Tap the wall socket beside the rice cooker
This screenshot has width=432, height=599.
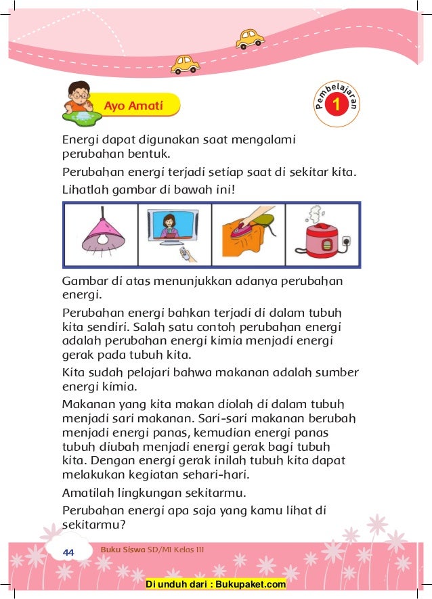tap(347, 240)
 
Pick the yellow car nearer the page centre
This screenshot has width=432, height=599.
tap(184, 64)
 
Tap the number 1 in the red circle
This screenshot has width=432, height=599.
tap(337, 106)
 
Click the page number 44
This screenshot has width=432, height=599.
tap(68, 553)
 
